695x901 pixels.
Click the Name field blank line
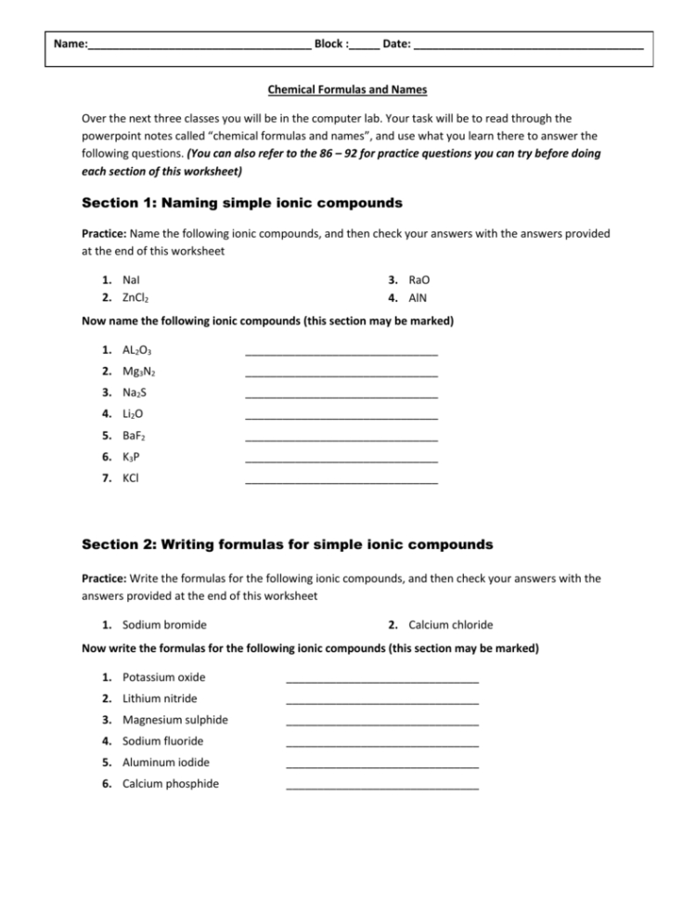pos(199,47)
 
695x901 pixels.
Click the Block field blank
pos(365,47)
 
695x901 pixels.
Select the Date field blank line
pos(528,47)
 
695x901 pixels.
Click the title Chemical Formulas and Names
pos(347,90)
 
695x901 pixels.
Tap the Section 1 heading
pos(241,202)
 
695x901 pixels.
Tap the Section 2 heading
pos(287,543)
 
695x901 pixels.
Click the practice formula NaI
pos(132,279)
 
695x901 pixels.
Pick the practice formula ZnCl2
pos(136,298)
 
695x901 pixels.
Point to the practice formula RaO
pos(418,279)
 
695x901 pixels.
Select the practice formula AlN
pos(418,298)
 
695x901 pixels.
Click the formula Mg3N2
pos(138,372)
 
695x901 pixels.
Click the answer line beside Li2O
pos(341,418)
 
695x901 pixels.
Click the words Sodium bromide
pos(164,624)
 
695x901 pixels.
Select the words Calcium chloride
pos(450,624)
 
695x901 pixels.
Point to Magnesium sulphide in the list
pos(174,720)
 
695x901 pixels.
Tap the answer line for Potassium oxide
pos(382,681)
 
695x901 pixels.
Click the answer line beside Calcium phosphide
pos(382,788)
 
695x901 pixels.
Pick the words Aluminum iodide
pos(165,763)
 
